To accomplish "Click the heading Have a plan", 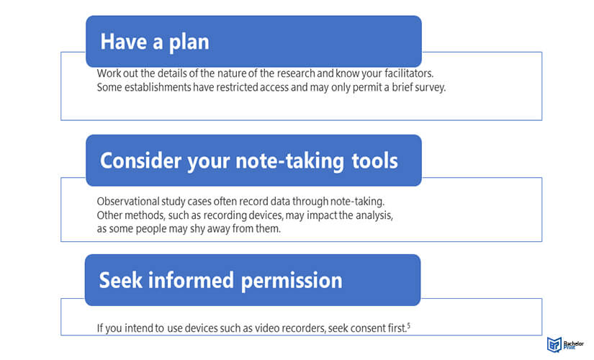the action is [x=155, y=42].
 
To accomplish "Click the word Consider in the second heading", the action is [x=141, y=161].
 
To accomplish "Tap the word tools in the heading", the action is [x=374, y=161].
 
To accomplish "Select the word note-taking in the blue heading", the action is [x=290, y=161].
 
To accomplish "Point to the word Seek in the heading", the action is [x=120, y=280].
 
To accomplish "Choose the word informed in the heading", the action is [x=191, y=280].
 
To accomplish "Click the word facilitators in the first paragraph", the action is [x=409, y=73].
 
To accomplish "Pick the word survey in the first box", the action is [x=431, y=88].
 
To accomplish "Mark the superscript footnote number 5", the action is [x=409, y=325].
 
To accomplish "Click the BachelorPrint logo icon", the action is [x=554, y=344].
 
